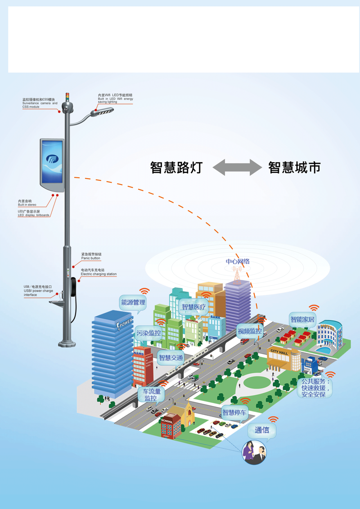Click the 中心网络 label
pos(238,261)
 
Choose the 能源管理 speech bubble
pos(133,302)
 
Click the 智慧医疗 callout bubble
pos(193,307)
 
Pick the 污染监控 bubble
pos(148,333)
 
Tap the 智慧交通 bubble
pos(171,358)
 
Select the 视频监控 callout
pos(249,331)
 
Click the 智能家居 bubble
pos(303,320)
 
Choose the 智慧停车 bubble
pos(235,411)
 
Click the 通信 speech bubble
pos(262,430)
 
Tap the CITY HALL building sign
pos(279,352)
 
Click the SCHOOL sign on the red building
pos(166,422)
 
